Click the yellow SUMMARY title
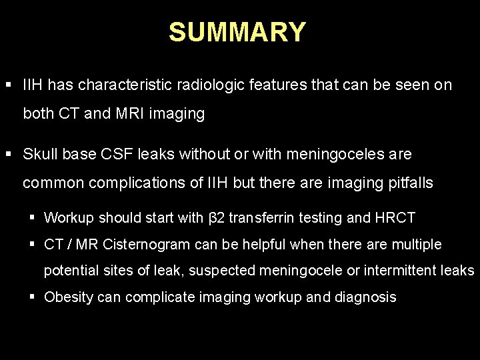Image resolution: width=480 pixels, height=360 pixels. [x=237, y=32]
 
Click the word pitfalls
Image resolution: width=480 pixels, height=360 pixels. [x=411, y=183]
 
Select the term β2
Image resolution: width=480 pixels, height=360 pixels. [x=217, y=217]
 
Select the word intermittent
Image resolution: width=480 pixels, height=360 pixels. [x=406, y=271]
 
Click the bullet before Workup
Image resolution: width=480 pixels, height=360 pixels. [x=33, y=217]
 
